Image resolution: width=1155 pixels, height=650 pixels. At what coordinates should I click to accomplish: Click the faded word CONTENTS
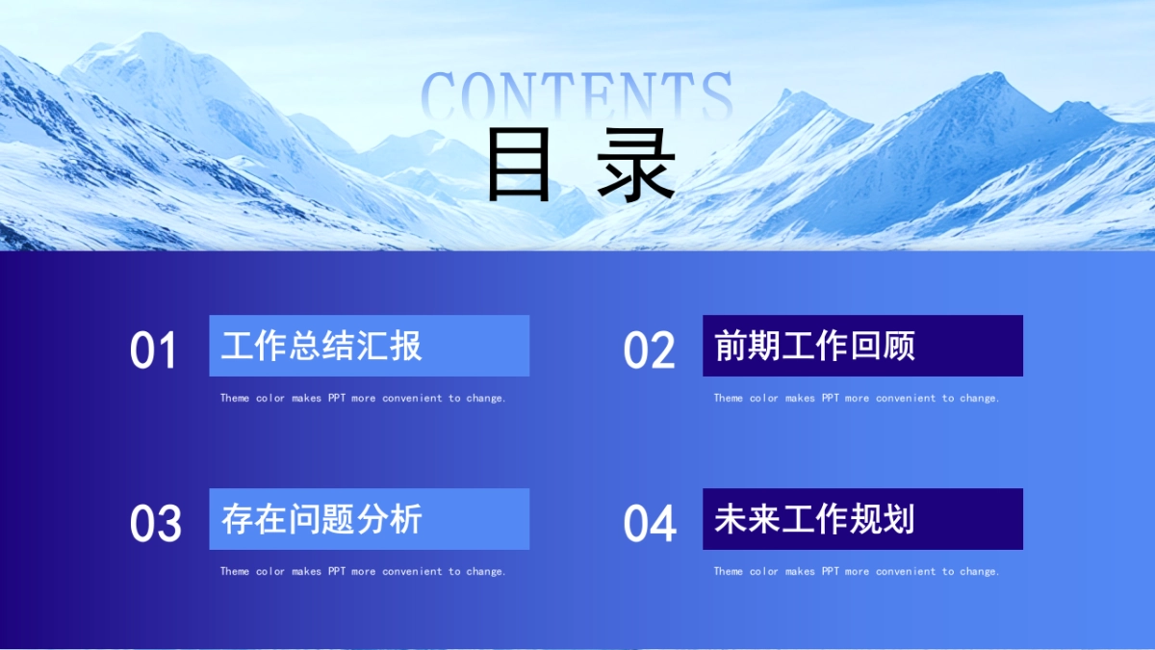coord(577,96)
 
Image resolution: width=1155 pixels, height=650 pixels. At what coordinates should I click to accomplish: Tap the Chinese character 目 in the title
coord(519,164)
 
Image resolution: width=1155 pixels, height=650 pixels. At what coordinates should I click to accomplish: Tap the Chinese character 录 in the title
coord(636,165)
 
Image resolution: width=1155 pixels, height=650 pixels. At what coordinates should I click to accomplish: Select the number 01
coord(153,351)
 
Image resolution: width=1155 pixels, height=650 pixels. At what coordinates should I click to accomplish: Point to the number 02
coord(649,351)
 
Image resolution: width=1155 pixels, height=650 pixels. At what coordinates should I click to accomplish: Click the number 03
coord(155,524)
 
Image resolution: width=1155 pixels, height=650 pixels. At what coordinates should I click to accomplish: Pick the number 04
coord(649,524)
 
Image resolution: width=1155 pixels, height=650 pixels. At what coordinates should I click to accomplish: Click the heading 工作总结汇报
coord(321,346)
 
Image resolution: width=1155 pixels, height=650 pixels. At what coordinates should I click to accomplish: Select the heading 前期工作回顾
coord(814,346)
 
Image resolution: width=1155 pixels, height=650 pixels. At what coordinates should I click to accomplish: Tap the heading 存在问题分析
coord(321,519)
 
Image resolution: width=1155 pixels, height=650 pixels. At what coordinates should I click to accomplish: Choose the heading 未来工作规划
coord(814,519)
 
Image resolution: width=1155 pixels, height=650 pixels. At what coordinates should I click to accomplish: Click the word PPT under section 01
coord(337,398)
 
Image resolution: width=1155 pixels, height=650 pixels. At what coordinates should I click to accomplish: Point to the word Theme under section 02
coord(728,398)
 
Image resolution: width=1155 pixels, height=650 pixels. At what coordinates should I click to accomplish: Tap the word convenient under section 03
coord(412,571)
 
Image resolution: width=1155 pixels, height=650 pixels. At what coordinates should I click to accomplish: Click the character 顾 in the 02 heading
coord(899,346)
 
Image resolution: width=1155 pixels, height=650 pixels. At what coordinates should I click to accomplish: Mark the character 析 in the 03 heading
coord(406,519)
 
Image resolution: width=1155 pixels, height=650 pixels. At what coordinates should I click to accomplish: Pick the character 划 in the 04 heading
coord(899,519)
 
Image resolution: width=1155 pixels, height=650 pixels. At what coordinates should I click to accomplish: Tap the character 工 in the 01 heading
coord(237,346)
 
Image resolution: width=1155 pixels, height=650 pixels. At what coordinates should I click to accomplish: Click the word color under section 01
coord(270,398)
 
